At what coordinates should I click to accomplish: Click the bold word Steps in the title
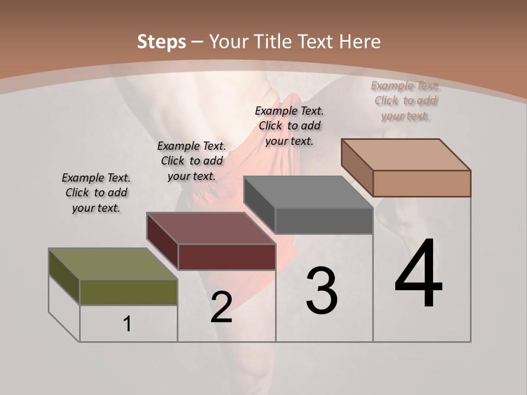[161, 42]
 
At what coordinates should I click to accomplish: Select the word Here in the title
[360, 42]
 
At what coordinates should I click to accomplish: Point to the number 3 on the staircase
[322, 291]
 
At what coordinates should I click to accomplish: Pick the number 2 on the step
[221, 307]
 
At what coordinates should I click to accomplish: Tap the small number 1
[127, 324]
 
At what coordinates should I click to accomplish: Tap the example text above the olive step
[96, 193]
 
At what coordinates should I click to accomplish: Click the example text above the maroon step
[192, 161]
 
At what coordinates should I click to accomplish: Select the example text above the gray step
[289, 126]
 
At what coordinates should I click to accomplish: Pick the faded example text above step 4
[406, 100]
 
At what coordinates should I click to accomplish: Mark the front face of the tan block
[422, 183]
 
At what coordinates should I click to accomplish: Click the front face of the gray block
[324, 221]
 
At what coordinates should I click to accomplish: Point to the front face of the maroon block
[227, 257]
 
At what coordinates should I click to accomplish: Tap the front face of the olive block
[128, 292]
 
